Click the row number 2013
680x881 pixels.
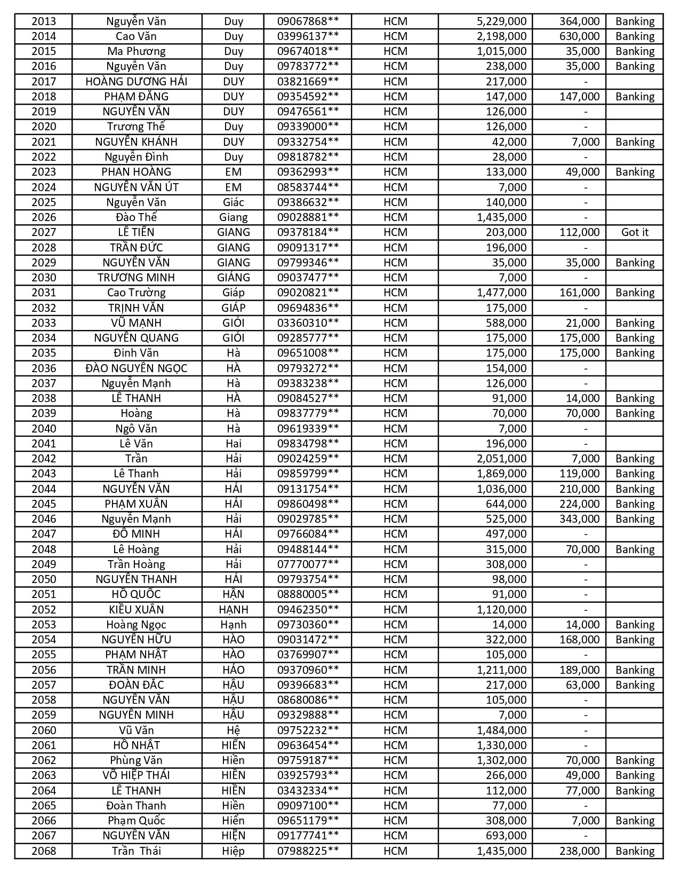point(43,21)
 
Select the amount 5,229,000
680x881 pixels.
point(501,21)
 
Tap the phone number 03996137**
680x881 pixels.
point(308,36)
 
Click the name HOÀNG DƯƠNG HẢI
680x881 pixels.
point(137,82)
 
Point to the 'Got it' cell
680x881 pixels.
point(635,232)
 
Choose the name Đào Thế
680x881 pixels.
point(137,217)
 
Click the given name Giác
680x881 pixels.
point(233,202)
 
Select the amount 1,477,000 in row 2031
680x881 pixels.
point(501,293)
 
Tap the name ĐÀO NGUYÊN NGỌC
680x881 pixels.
point(137,368)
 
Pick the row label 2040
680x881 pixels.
point(43,429)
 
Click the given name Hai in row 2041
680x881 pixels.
point(233,444)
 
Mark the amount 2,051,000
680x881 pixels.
point(501,459)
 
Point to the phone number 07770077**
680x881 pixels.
point(308,564)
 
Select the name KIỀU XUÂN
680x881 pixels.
point(137,610)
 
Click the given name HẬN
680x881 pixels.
point(233,594)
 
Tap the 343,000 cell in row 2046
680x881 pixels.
point(579,519)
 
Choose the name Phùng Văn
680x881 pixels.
point(137,760)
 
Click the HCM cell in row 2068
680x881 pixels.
point(395,851)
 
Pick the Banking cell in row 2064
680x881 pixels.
point(635,791)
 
